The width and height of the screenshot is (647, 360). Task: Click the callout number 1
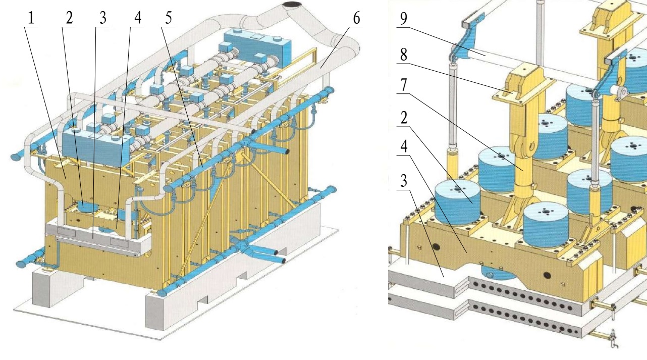coord(31,18)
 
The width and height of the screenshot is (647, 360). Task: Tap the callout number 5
coord(169,18)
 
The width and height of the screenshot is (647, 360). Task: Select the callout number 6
coord(357,18)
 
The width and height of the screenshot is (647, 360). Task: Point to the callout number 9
coord(404,18)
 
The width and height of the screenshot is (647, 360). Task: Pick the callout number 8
coord(404,54)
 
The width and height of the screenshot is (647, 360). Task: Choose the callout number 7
coord(404,84)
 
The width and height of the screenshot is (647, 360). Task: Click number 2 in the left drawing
coord(69,18)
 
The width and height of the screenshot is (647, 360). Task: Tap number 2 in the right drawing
coord(404,118)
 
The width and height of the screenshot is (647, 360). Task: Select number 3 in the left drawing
coord(103,18)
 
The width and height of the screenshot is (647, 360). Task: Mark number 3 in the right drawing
coord(404,181)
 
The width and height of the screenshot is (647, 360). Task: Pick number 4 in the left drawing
coord(138,18)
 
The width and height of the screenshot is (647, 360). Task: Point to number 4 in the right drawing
coord(404,146)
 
